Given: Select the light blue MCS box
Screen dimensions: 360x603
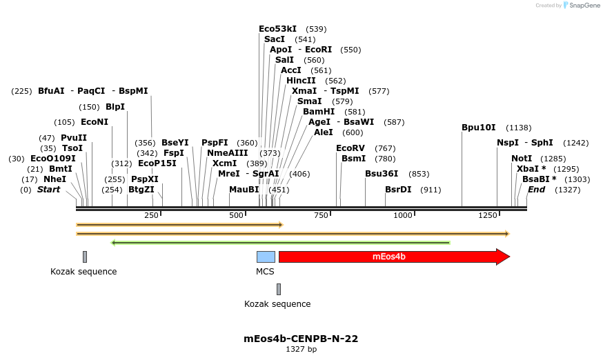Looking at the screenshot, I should [266, 257].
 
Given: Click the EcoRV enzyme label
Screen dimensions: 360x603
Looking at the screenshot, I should [350, 148].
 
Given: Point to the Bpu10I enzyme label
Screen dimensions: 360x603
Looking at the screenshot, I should [479, 128].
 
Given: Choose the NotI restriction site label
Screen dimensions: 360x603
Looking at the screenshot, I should [522, 159].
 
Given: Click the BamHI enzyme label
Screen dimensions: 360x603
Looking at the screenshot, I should [319, 112].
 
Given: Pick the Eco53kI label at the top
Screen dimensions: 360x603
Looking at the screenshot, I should [277, 29].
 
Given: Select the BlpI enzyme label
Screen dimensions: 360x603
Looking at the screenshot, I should [115, 107].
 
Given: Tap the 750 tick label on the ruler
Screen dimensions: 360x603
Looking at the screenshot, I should [322, 216].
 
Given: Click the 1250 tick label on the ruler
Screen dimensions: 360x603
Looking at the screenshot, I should [488, 216].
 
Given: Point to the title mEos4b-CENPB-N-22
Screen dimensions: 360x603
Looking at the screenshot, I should [301, 339].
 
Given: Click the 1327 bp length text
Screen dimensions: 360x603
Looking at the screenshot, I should [301, 349].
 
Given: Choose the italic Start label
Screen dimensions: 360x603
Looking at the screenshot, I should [48, 190].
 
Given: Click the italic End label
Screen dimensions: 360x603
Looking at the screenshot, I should [536, 190].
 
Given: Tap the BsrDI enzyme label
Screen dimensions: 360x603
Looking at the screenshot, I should [398, 190].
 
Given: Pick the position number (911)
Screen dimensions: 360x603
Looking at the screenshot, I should [431, 190].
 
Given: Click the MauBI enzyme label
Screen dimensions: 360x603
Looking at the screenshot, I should [244, 190].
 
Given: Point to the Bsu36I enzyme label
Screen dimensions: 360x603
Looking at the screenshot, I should [382, 174].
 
